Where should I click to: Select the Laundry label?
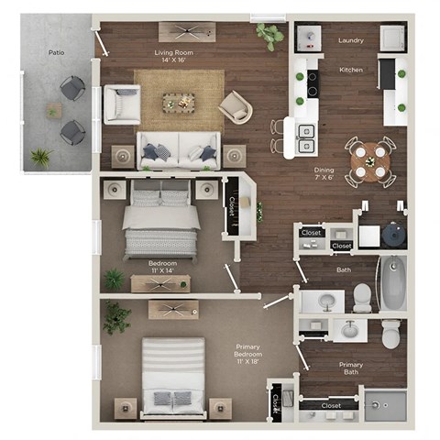[x=351, y=40]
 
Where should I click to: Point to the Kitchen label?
[x=351, y=70]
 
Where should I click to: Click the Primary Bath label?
[x=351, y=368]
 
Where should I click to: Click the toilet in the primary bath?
[x=391, y=333]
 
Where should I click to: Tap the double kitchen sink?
[x=305, y=137]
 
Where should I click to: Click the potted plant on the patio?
[x=41, y=157]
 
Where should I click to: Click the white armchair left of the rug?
[x=121, y=104]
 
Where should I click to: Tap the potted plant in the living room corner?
[x=270, y=37]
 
